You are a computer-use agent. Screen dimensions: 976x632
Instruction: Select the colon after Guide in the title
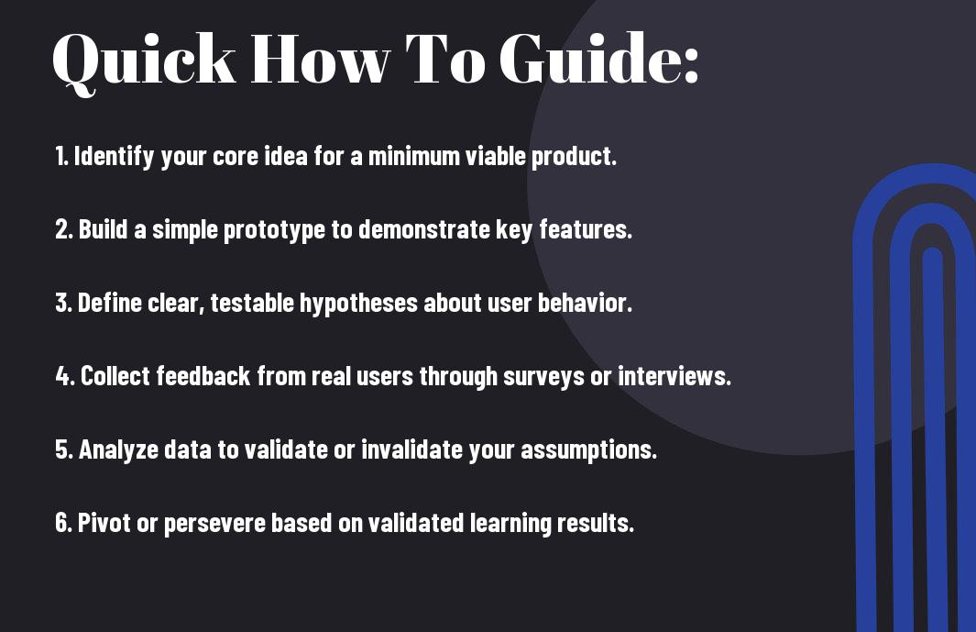691,65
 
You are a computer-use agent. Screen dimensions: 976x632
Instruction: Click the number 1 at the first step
60,156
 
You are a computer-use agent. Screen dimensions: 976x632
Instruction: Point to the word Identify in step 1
114,156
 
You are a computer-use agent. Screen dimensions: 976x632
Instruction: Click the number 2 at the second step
62,229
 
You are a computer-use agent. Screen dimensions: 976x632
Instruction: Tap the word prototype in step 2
274,230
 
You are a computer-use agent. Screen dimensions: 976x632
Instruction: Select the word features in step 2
585,229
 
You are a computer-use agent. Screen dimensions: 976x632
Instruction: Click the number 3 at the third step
62,303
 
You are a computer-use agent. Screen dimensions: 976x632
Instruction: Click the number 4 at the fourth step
64,376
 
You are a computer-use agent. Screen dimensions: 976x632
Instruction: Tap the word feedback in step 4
203,376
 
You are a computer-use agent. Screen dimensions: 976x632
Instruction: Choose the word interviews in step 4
674,376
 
